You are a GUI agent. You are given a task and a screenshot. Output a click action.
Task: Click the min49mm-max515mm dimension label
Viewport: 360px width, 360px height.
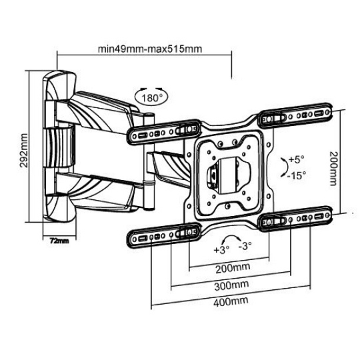click(x=150, y=49)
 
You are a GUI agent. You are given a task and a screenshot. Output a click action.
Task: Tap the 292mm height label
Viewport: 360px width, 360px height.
click(x=24, y=151)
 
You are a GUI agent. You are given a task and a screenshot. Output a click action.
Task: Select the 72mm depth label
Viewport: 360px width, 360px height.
click(x=59, y=241)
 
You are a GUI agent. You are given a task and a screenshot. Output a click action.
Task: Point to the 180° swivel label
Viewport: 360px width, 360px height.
click(x=151, y=98)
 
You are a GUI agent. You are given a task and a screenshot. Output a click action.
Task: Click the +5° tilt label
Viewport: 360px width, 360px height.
click(x=297, y=159)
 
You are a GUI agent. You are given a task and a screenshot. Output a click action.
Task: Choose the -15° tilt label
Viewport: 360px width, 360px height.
click(x=297, y=176)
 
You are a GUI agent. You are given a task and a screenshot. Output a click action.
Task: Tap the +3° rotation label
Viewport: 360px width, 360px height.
click(x=221, y=250)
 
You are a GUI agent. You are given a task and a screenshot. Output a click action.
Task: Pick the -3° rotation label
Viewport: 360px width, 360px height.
click(x=245, y=246)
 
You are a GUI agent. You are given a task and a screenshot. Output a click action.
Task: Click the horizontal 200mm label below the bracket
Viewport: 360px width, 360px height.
click(x=233, y=268)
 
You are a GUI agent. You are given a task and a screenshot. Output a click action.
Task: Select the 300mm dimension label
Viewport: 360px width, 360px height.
click(x=231, y=285)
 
